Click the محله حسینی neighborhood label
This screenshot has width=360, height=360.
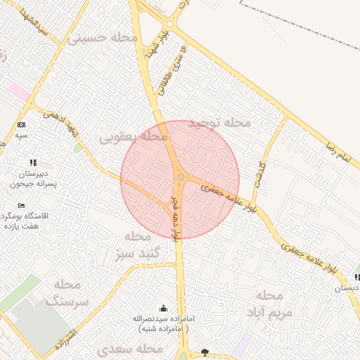tap(102, 38)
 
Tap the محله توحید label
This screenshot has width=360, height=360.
tap(220, 122)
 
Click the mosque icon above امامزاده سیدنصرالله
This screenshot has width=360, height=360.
tap(164, 307)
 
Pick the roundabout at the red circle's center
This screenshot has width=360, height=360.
tap(181, 177)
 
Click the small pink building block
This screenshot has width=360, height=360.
tap(20, 91)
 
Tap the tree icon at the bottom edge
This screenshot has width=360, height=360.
tap(205, 352)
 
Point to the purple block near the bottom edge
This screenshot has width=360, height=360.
tap(243, 344)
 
